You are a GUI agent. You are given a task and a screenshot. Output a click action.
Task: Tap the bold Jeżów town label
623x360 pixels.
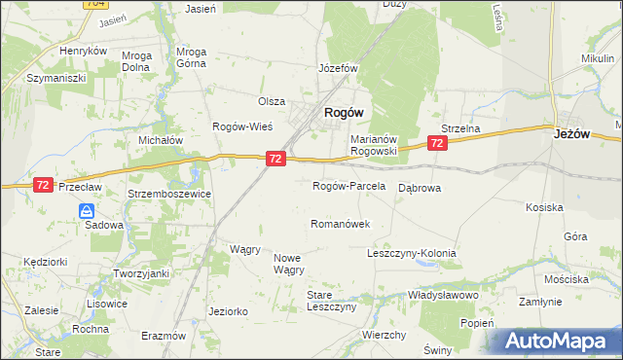[x=574, y=135]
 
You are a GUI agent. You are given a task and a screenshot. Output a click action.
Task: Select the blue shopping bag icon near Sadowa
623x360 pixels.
[x=87, y=210]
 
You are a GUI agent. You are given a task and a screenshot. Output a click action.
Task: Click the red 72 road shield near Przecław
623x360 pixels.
[x=42, y=184]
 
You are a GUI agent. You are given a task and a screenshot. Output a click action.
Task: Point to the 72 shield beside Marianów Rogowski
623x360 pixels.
[x=436, y=143]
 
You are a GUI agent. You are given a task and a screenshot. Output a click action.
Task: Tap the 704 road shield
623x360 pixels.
[x=95, y=4]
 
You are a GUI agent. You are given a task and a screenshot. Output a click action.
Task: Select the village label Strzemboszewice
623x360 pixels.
[x=164, y=194]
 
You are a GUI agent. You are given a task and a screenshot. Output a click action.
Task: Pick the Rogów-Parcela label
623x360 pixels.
[x=348, y=186]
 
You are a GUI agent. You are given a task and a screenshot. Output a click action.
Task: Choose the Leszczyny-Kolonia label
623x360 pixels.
[x=411, y=253]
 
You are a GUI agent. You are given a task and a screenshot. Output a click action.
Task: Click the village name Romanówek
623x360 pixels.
[x=340, y=224]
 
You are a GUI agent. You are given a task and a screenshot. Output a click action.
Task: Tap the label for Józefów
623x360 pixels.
[x=339, y=69]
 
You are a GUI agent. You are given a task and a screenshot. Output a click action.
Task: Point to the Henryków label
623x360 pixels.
[x=82, y=51]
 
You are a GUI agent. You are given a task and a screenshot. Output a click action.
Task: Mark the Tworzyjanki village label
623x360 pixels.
[x=142, y=273]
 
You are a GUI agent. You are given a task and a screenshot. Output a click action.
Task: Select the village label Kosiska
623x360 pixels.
[x=544, y=207]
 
